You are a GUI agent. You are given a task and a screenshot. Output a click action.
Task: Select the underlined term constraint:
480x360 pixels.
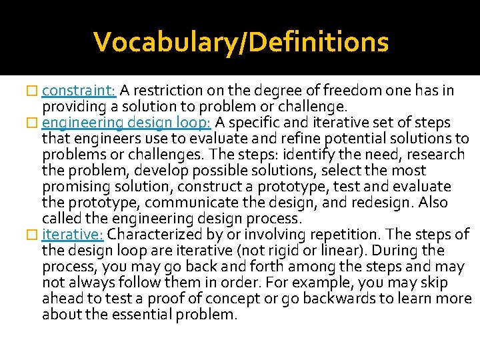coord(79,91)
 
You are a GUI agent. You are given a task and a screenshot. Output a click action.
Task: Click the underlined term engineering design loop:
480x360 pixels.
coord(127,123)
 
